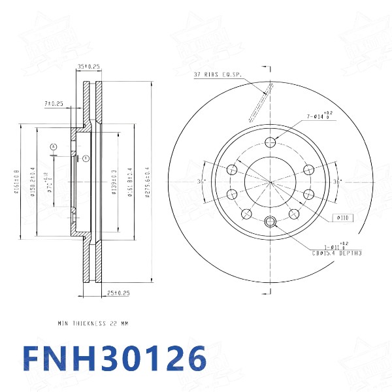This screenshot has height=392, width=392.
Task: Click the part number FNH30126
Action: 114,359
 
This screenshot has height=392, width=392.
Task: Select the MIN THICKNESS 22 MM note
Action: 93,323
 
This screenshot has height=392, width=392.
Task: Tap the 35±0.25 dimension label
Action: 88,67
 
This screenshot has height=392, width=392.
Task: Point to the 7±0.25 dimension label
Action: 54,104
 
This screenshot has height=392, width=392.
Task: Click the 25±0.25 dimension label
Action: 118,293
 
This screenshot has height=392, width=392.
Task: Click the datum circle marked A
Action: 54,146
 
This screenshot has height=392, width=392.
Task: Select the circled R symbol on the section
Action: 85,157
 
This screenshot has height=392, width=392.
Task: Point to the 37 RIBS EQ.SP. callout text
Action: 218,75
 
